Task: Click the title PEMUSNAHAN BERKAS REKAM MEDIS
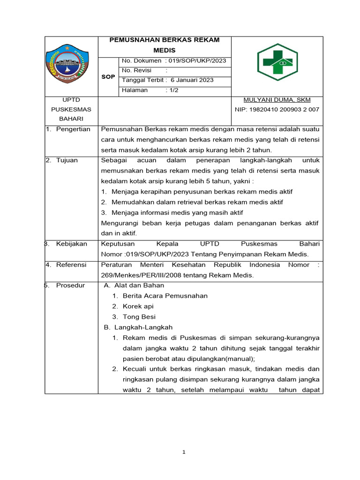pyautogui.click(x=164, y=45)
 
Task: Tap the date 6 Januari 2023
pyautogui.click(x=192, y=80)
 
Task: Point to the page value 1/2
pyautogui.click(x=172, y=90)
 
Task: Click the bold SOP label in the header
pyautogui.click(x=108, y=76)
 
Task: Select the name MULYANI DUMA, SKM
pyautogui.click(x=277, y=100)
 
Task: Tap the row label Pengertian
pyautogui.click(x=73, y=129)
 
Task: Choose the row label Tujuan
pyautogui.click(x=67, y=160)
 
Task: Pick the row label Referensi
pyautogui.click(x=71, y=265)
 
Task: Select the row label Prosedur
pyautogui.click(x=70, y=285)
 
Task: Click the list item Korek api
pyautogui.click(x=138, y=306)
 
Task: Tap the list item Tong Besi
pyautogui.click(x=139, y=317)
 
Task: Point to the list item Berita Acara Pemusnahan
pyautogui.click(x=165, y=296)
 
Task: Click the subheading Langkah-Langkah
pyautogui.click(x=143, y=327)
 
